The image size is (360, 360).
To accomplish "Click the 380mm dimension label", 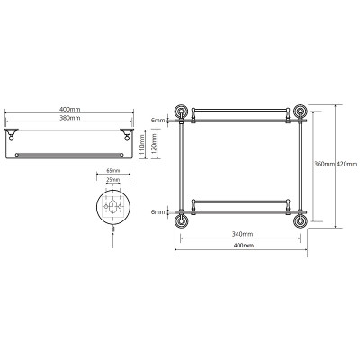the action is pos(69,118).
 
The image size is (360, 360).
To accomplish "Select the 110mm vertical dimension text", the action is pos(142,144).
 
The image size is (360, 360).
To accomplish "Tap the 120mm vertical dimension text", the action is pos(155,144).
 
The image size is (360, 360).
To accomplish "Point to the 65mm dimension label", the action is pos(113,171).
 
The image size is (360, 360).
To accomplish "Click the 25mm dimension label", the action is pos(113,180).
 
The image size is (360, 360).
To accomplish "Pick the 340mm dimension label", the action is pos(243,234).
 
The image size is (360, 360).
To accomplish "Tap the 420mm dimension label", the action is pos(347,164).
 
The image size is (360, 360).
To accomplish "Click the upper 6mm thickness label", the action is pos(158,121).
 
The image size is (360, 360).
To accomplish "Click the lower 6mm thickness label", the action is pos(158,212).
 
